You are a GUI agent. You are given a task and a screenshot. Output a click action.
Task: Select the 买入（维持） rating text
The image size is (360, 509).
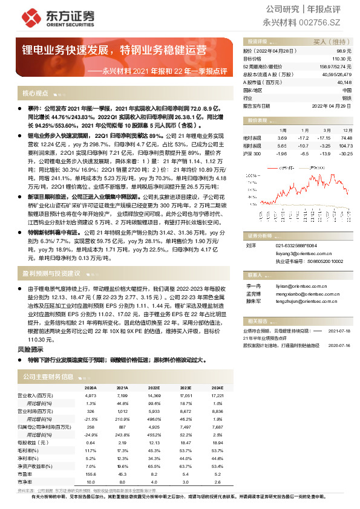coord(329,42)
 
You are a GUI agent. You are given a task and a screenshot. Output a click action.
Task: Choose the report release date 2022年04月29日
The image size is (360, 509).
coord(332,105)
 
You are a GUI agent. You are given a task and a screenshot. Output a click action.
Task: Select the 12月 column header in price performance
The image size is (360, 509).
coord(347,130)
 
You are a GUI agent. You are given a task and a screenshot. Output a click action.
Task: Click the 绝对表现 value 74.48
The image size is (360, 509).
coord(346,138)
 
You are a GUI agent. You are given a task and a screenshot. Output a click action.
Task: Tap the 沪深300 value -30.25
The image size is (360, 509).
coord(345,154)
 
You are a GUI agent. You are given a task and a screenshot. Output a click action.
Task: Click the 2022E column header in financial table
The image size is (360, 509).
coord(154,388)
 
